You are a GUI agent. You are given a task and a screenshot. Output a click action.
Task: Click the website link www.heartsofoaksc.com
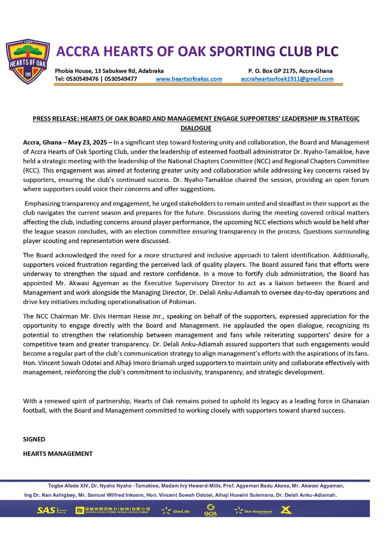click(x=189, y=79)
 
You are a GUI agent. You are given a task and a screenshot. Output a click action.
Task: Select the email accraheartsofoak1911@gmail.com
click(x=287, y=79)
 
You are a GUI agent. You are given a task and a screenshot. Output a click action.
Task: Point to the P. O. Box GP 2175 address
click(x=290, y=71)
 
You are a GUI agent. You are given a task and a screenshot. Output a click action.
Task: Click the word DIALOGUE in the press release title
click(x=196, y=128)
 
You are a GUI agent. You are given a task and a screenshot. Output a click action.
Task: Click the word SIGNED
click(x=34, y=439)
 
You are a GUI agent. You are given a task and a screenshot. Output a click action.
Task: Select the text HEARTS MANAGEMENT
click(x=58, y=454)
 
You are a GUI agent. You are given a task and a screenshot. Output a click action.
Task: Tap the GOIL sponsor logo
click(x=210, y=509)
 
